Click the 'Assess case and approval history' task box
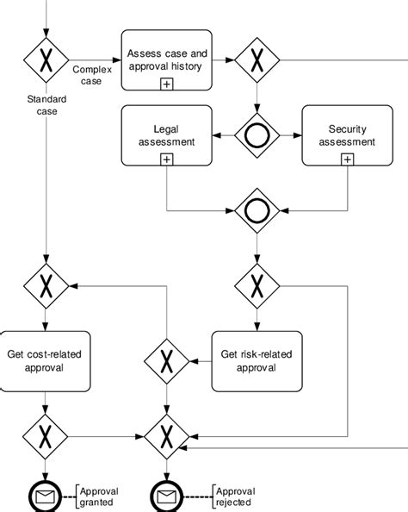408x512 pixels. [x=167, y=60]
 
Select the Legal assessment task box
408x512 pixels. [x=167, y=135]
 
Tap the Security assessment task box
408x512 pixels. [x=347, y=135]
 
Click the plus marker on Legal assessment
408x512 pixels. [x=167, y=159]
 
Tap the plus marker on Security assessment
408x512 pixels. [x=347, y=159]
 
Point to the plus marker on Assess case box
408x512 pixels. [x=167, y=83]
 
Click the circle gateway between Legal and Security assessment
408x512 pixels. [x=257, y=135]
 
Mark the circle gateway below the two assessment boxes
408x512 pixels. [x=257, y=210]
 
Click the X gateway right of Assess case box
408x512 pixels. [x=257, y=60]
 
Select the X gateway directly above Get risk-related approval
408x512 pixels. [x=257, y=284]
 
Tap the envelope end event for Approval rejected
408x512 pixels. [x=165, y=496]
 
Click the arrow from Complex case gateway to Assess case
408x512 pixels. [x=95, y=60]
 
